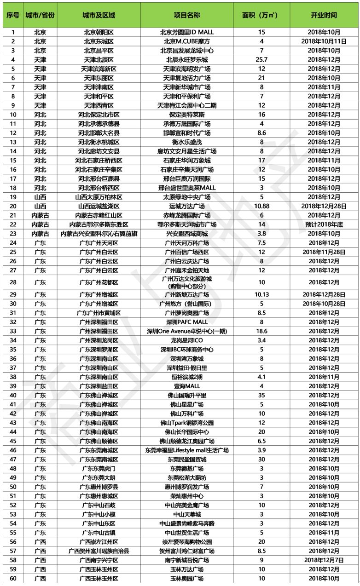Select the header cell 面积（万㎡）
(261, 15)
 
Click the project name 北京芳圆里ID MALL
(187, 32)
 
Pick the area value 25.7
(261, 60)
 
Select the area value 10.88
(261, 206)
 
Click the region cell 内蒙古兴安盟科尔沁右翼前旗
(99, 234)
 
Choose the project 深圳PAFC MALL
(187, 322)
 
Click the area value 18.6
(261, 331)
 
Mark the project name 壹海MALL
(187, 386)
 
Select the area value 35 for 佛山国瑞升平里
(261, 395)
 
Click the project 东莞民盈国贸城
(187, 459)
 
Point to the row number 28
(13, 282)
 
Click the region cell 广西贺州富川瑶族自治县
(99, 551)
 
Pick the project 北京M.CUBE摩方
(187, 41)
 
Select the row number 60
(13, 578)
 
